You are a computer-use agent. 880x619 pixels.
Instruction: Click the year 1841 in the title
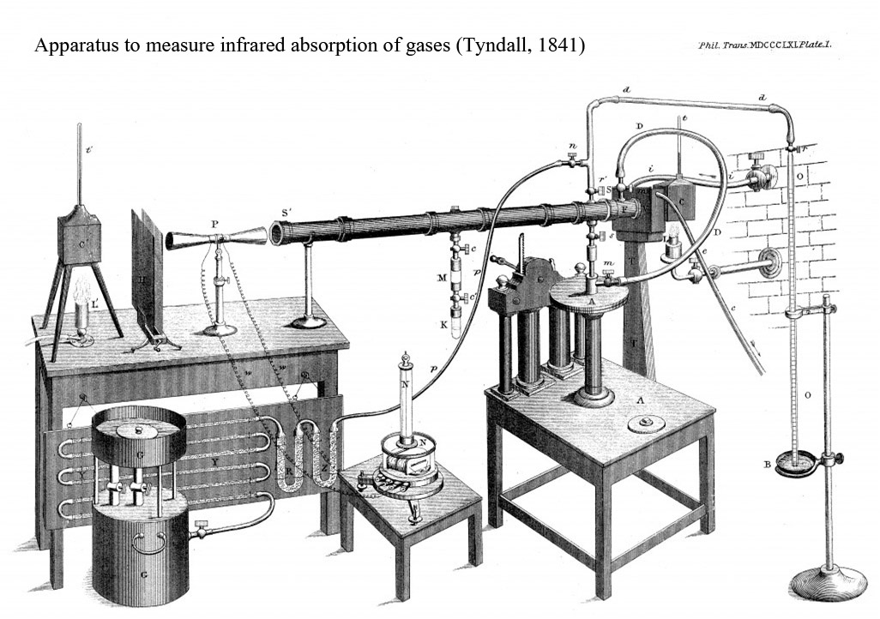pos(558,45)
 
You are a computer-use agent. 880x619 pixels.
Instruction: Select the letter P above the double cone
pos(214,224)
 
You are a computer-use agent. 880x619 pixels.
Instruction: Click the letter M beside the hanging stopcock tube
pos(441,278)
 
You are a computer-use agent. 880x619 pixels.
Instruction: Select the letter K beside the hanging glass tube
pos(442,327)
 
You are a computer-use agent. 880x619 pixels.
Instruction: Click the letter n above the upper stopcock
pos(572,147)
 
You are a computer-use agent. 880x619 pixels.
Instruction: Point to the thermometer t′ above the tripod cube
pos(80,163)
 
